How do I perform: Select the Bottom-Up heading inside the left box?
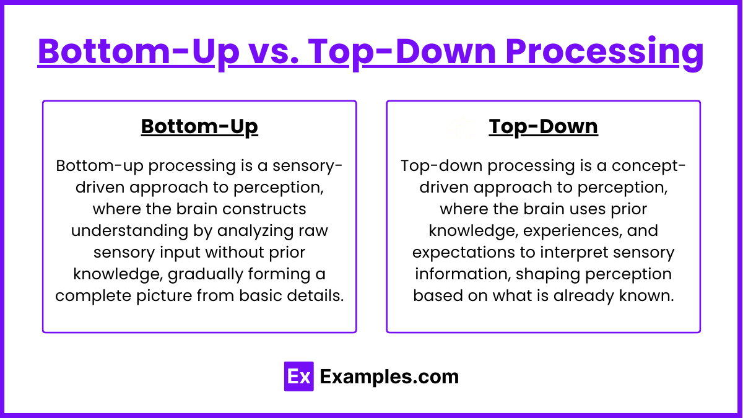click(x=199, y=126)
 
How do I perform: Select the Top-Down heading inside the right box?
click(x=543, y=126)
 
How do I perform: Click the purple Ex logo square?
click(x=298, y=377)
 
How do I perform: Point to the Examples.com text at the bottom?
click(x=389, y=377)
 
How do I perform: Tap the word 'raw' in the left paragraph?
click(x=314, y=230)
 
